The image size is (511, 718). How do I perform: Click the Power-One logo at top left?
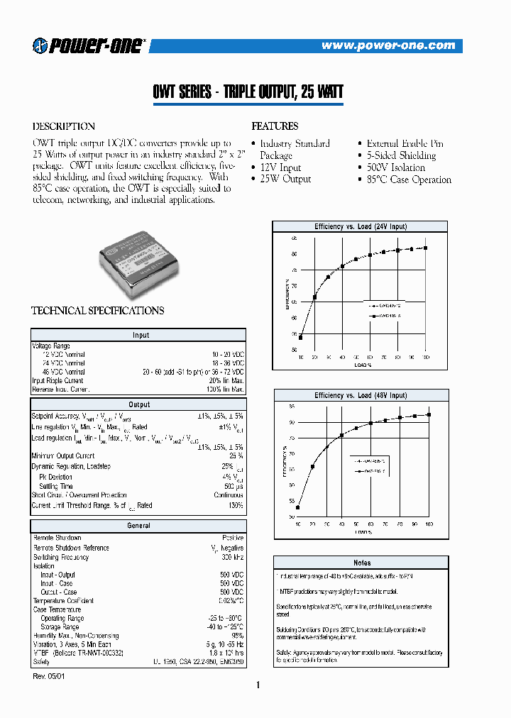click(89, 45)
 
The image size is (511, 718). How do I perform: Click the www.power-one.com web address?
click(388, 45)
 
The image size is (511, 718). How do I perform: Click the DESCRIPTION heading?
click(63, 127)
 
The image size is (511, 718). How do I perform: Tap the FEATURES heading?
click(275, 126)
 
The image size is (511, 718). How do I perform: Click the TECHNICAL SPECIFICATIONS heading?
click(97, 311)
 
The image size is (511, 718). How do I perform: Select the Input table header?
click(139, 335)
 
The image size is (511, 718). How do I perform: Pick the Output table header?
click(139, 404)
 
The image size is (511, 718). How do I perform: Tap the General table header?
click(139, 526)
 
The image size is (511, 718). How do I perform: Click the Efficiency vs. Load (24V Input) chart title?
click(361, 226)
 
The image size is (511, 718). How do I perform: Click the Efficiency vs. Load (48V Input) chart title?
click(361, 395)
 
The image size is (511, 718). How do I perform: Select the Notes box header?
click(362, 563)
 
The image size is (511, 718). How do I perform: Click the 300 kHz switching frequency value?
click(232, 558)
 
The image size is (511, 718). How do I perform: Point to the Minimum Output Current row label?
click(63, 456)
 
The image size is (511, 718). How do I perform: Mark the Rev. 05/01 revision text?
click(48, 677)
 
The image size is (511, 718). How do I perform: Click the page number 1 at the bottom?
click(258, 685)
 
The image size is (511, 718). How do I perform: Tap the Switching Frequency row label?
click(61, 558)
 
